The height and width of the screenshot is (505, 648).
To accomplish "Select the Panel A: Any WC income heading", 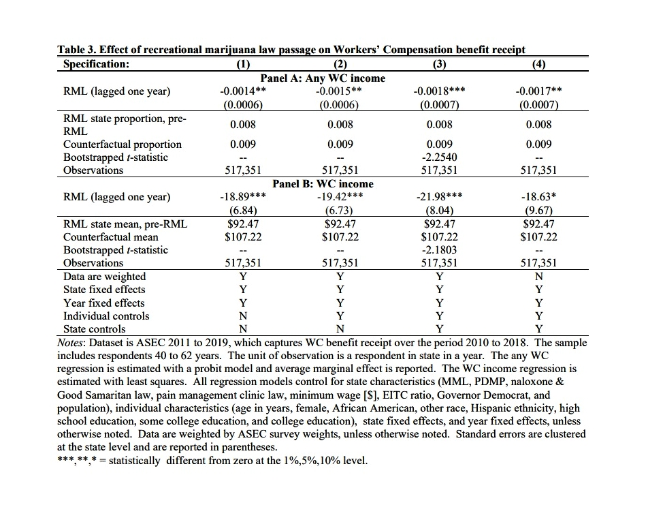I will pyautogui.click(x=323, y=78).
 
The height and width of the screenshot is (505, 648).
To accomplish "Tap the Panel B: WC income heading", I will pyautogui.click(x=323, y=183).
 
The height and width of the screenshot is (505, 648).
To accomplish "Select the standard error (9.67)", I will pyautogui.click(x=539, y=211).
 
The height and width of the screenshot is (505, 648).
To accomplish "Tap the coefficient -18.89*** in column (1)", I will pyautogui.click(x=243, y=197).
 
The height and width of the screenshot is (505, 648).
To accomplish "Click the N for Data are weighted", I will pyautogui.click(x=539, y=277).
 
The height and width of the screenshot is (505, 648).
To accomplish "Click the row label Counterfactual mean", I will pyautogui.click(x=110, y=237).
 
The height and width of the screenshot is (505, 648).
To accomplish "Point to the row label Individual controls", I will pyautogui.click(x=106, y=316).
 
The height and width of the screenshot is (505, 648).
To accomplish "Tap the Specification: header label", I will pyautogui.click(x=96, y=65).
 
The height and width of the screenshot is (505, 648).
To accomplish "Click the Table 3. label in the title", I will pyautogui.click(x=77, y=50).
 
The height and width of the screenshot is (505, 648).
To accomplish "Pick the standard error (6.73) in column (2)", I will pyautogui.click(x=340, y=211).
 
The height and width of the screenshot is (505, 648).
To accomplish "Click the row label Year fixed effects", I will pyautogui.click(x=103, y=303).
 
